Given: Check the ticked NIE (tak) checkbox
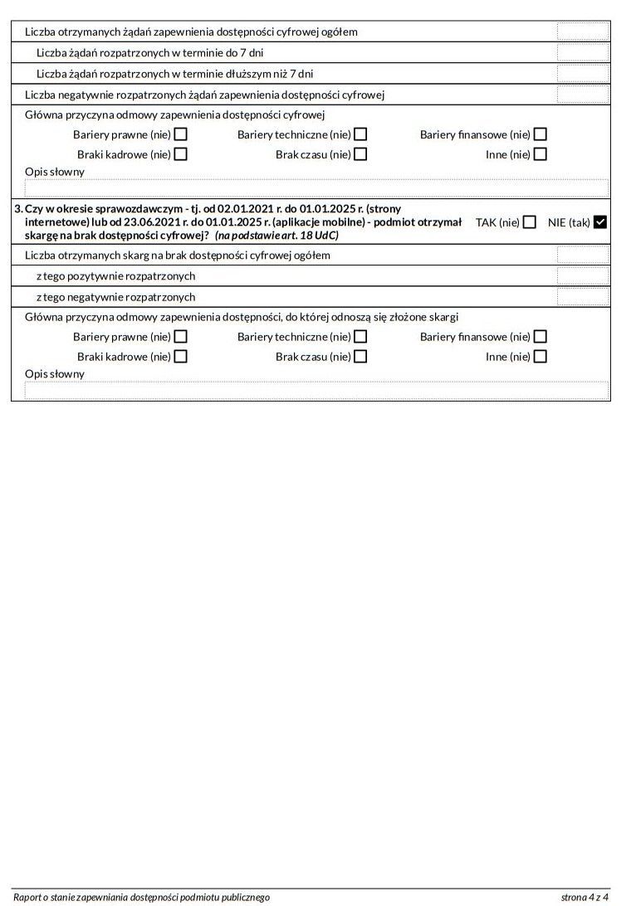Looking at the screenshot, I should coord(600,222).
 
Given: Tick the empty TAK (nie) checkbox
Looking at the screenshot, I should coord(530,222).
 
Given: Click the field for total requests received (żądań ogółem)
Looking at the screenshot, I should coord(582,32).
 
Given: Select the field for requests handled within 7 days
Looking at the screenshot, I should coord(582,53).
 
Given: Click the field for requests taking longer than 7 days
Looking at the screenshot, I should coord(582,74).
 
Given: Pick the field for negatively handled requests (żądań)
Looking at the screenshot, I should coord(582,95).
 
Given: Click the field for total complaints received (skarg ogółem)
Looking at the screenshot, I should coord(582,256).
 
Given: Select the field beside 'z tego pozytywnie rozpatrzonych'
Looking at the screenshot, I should coord(582,276).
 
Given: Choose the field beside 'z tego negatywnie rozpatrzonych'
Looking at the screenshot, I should coord(582,297).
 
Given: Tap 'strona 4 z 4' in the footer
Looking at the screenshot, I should coord(585,897).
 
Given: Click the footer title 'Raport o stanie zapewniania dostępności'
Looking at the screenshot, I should coord(141,897).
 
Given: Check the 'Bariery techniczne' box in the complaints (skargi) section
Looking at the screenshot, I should coord(360,337).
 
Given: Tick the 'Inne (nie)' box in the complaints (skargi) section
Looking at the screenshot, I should coord(540,357).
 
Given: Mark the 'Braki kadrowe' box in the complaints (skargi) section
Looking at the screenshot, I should coord(180,357).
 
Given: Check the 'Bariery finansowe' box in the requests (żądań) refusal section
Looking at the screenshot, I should coord(540,134).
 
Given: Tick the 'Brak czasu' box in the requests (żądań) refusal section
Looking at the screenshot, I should coord(360,154).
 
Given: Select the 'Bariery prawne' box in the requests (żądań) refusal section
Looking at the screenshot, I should coord(180,134).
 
